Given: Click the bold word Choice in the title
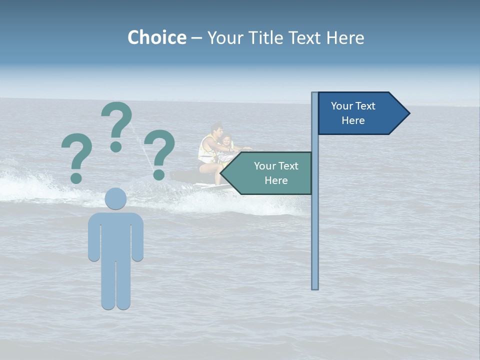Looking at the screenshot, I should pyautogui.click(x=156, y=37).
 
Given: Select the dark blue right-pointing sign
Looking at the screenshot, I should pyautogui.click(x=360, y=113).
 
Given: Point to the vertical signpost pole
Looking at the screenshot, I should pyautogui.click(x=314, y=225).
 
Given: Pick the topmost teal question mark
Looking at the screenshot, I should pyautogui.click(x=117, y=125).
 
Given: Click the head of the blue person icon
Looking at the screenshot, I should pyautogui.click(x=115, y=198).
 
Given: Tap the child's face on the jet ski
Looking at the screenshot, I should pyautogui.click(x=226, y=142).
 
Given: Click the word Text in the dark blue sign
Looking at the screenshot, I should pyautogui.click(x=365, y=106).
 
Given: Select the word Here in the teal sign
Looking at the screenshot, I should pyautogui.click(x=276, y=180).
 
